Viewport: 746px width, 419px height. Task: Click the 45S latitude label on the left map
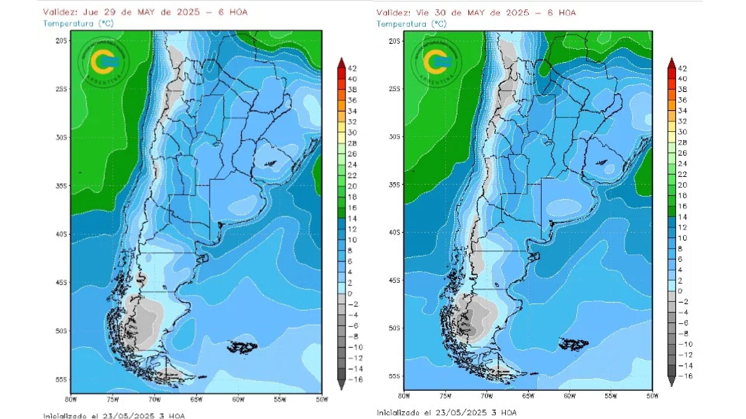coord(61,282)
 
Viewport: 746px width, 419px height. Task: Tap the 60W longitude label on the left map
coord(238,400)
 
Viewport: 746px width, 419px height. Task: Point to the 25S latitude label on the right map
coord(394,89)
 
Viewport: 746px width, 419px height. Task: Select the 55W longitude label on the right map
coord(611,396)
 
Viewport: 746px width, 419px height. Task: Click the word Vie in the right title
coord(423,13)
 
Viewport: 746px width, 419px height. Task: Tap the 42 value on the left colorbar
coord(352,69)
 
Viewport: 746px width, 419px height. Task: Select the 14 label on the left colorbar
coord(352,218)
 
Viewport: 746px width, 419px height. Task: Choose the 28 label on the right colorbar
coord(683,143)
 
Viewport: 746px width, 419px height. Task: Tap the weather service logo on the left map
coord(103,62)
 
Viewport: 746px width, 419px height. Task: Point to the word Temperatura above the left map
coord(68,24)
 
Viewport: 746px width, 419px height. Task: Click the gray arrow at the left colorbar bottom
coord(341,385)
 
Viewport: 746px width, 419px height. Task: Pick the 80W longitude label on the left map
coord(71,400)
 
